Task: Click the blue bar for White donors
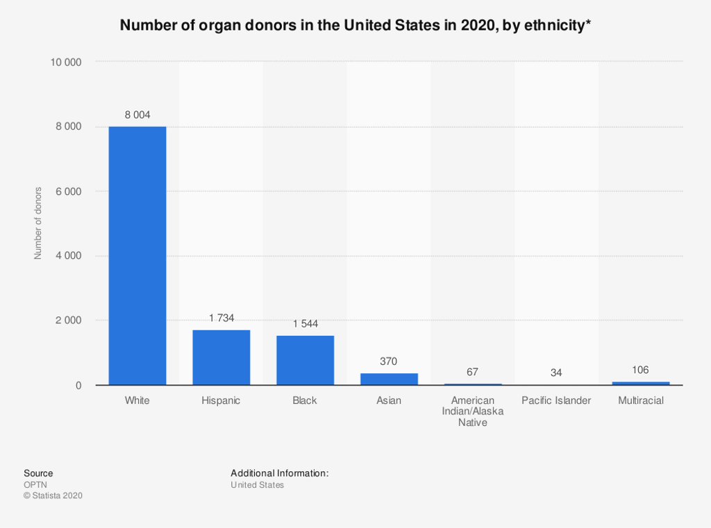tap(137, 255)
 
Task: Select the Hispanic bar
tap(221, 357)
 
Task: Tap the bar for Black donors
tap(306, 360)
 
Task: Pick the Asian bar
tap(389, 379)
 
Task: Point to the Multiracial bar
tap(641, 383)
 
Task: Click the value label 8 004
tap(137, 114)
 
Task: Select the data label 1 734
tap(221, 318)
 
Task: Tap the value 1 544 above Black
tap(306, 324)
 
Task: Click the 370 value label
tap(389, 361)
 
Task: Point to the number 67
tap(473, 372)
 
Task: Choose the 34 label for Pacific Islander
tap(556, 373)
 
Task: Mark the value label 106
tap(640, 370)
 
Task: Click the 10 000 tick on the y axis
tap(66, 62)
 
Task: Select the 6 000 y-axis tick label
tap(69, 191)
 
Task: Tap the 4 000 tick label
tap(69, 256)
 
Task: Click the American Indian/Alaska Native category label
tap(473, 411)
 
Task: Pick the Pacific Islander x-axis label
tap(556, 400)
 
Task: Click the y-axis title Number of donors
tap(38, 223)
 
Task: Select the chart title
tap(355, 26)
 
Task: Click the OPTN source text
tap(35, 485)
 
